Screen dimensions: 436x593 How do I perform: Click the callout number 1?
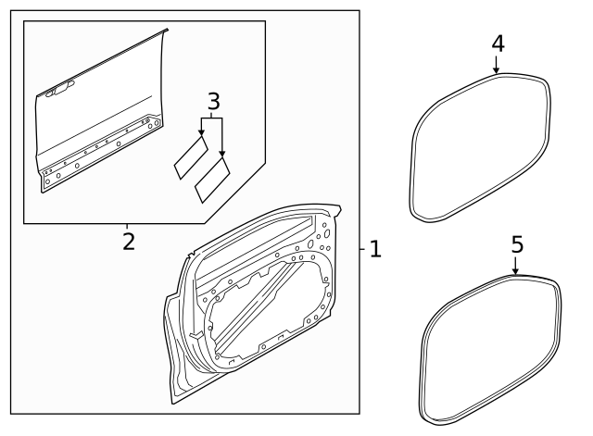[375, 249]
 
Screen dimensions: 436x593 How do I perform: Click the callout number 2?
[129, 242]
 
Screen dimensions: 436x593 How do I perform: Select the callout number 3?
[214, 102]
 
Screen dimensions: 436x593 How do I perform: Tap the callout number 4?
[498, 44]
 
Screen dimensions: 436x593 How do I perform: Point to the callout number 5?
[517, 244]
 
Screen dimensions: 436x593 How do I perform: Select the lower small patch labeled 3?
[212, 180]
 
